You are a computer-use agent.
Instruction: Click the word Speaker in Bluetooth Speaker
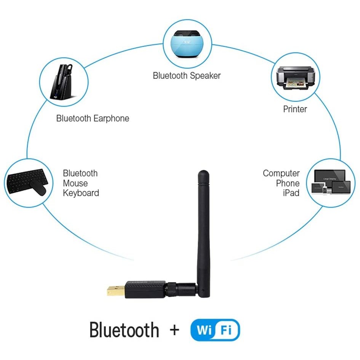pyautogui.click(x=205, y=75)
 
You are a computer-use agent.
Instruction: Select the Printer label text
pyautogui.click(x=295, y=109)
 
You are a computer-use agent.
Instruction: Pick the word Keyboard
pyautogui.click(x=81, y=193)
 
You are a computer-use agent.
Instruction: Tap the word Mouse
pyautogui.click(x=75, y=183)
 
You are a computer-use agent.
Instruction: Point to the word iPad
pyautogui.click(x=291, y=193)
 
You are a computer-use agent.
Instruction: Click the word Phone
pyautogui.click(x=288, y=183)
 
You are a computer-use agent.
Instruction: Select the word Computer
pyautogui.click(x=281, y=173)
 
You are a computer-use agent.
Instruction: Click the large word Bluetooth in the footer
pyautogui.click(x=124, y=330)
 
